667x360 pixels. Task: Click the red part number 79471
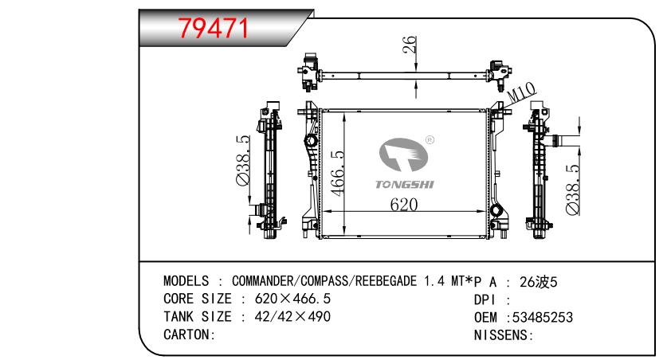click(x=213, y=29)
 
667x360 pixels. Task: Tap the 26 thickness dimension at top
click(x=410, y=45)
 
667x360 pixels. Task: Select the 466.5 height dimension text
click(x=338, y=174)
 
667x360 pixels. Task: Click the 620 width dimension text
click(x=404, y=205)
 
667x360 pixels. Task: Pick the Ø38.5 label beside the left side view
click(x=243, y=160)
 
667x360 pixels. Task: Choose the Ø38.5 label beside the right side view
click(x=572, y=190)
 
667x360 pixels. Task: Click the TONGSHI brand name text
click(x=405, y=185)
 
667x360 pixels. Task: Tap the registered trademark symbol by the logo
click(x=430, y=140)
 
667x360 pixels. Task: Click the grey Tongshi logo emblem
click(x=403, y=155)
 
